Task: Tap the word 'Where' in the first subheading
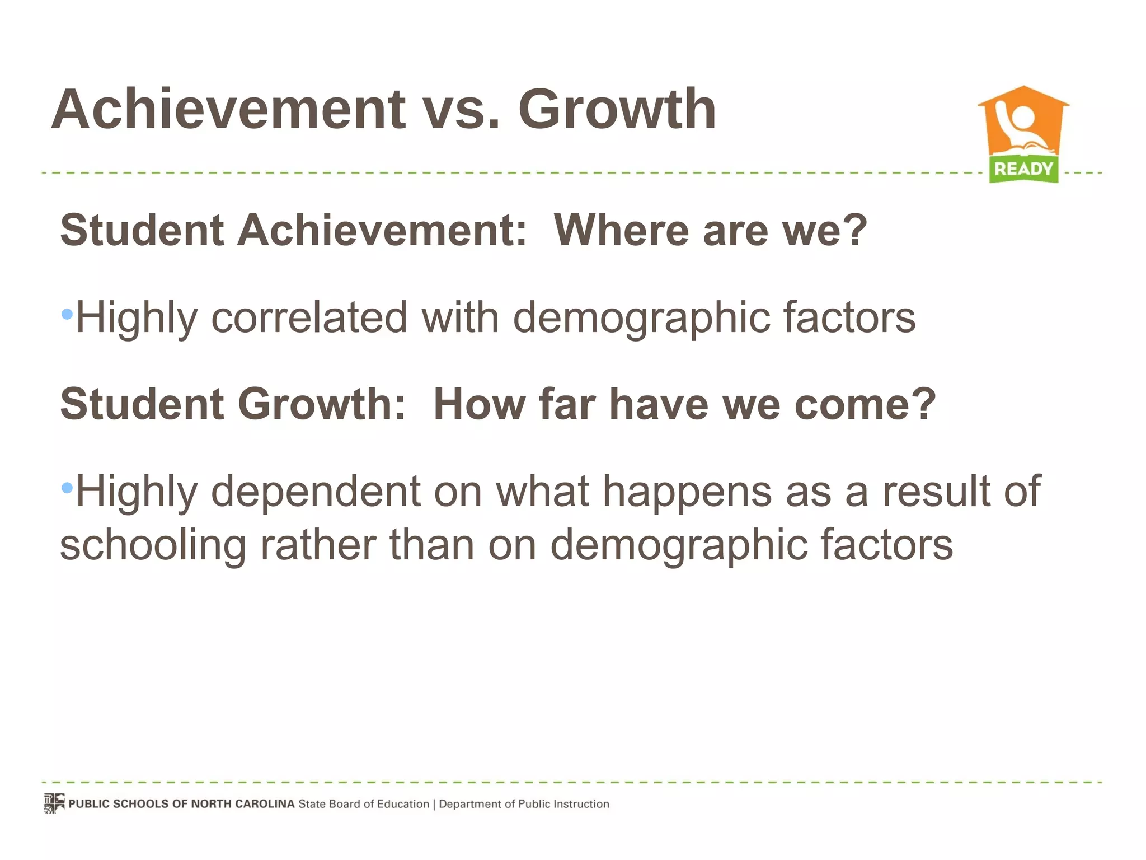pyautogui.click(x=621, y=230)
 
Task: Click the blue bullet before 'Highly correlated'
pyautogui.click(x=67, y=314)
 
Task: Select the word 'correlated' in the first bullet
pyautogui.click(x=309, y=317)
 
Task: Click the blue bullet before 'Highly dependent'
pyautogui.click(x=67, y=488)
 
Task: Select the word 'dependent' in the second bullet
pyautogui.click(x=316, y=492)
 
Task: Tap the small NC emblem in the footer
pyautogui.click(x=54, y=803)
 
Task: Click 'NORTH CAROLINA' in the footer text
pyautogui.click(x=242, y=804)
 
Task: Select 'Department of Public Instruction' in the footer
pyautogui.click(x=524, y=804)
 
